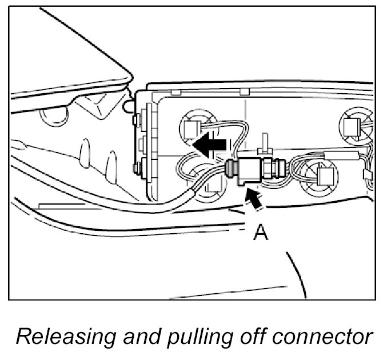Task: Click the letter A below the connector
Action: click(260, 233)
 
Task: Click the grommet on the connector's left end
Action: click(230, 168)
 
